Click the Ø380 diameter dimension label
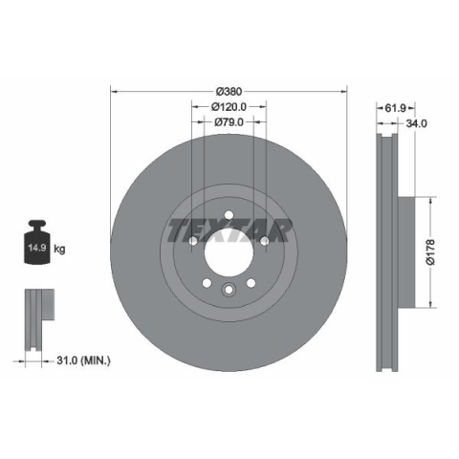pyautogui.click(x=229, y=92)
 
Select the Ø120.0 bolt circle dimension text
pyautogui.click(x=229, y=107)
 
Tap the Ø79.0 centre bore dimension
pyautogui.click(x=229, y=122)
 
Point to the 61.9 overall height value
pyautogui.click(x=395, y=108)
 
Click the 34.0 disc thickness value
pyautogui.click(x=417, y=123)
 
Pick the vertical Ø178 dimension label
pyautogui.click(x=430, y=252)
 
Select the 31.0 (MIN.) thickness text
pyautogui.click(x=83, y=361)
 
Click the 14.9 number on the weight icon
pyautogui.click(x=37, y=248)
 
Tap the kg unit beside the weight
pyautogui.click(x=59, y=249)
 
